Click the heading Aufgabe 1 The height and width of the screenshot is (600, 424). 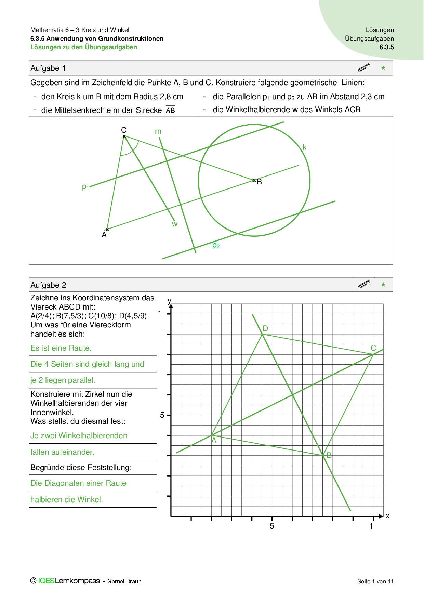[x=48, y=68]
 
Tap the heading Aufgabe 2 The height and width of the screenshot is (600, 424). [x=48, y=285]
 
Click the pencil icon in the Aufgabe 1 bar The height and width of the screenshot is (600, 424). [x=364, y=68]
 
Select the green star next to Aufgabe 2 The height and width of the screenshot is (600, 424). [x=383, y=285]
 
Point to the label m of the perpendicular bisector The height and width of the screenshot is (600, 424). [x=158, y=131]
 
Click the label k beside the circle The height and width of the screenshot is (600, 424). [x=304, y=147]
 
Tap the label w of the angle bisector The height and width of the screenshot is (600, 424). [x=175, y=224]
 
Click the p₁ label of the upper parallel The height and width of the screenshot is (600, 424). [x=85, y=187]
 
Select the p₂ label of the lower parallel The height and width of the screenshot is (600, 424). [x=216, y=245]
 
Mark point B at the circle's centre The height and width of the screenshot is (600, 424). [x=254, y=180]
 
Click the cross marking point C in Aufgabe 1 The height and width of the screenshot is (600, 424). [x=124, y=136]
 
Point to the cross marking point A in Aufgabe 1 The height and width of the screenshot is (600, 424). [x=107, y=230]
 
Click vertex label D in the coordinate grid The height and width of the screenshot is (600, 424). [x=265, y=329]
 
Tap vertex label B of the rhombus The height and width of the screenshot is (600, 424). [x=329, y=455]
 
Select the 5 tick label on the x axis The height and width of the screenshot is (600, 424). [x=272, y=526]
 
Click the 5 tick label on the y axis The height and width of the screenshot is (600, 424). [x=162, y=415]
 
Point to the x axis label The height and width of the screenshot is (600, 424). [x=387, y=516]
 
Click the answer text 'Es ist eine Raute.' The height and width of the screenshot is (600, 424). [x=61, y=348]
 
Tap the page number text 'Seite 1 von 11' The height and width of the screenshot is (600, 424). [x=375, y=581]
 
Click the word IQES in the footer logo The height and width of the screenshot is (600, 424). [x=46, y=581]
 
